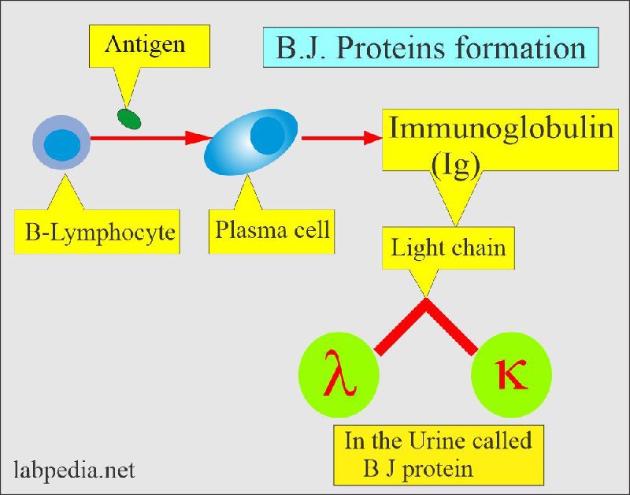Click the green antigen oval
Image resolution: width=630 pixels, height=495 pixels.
[129, 119]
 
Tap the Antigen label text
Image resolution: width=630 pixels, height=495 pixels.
[145, 45]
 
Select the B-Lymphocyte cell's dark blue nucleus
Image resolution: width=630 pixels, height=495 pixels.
[62, 145]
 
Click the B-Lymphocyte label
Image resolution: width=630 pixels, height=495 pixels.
[100, 232]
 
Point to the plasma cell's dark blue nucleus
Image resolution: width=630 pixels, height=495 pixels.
[268, 136]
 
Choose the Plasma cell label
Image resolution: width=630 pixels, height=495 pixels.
[272, 229]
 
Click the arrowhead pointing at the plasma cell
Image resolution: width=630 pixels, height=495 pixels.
[198, 138]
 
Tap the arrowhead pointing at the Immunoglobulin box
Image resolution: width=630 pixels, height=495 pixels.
[372, 138]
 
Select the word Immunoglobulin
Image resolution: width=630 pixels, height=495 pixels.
[502, 128]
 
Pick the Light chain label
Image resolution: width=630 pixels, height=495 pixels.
[448, 247]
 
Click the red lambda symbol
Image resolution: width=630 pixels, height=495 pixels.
[339, 374]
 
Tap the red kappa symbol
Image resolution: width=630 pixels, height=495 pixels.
[510, 374]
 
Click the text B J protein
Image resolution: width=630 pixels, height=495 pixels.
[418, 469]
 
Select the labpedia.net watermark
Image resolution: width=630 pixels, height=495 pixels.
[74, 471]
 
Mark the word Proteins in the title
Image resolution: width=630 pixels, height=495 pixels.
[391, 48]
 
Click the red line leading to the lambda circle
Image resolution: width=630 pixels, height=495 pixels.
[400, 326]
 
